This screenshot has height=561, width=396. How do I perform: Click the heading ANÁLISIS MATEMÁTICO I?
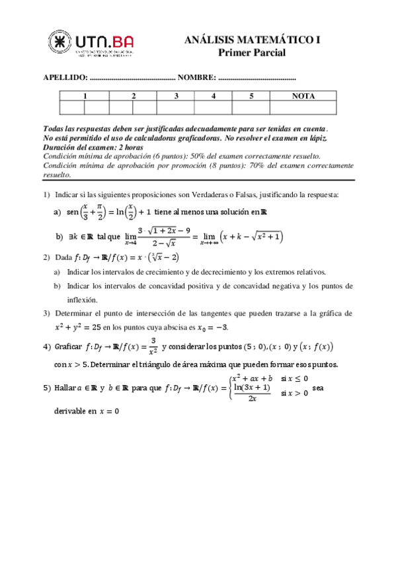pos(252,40)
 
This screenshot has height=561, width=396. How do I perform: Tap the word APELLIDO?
pos(65,77)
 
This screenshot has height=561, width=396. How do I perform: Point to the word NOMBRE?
pos(195,77)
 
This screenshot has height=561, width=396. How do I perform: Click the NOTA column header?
pos(303,96)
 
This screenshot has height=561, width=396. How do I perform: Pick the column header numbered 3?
pos(176,96)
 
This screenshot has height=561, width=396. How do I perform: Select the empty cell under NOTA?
pos(303,107)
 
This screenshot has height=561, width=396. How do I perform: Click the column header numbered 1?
pos(85,96)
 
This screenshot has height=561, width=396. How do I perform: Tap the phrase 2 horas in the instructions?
pos(130,147)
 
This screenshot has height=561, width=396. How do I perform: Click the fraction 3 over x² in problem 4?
pos(153,345)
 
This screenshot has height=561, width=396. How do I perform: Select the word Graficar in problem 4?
pos(69,346)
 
